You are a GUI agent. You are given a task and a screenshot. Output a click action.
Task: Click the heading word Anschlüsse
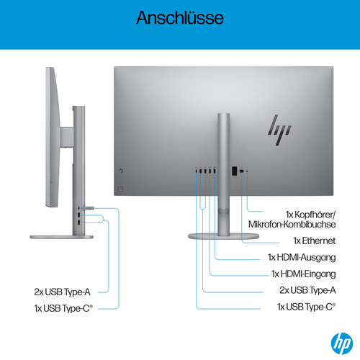tap(180, 17)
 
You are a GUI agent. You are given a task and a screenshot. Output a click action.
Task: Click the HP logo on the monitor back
tap(279, 130)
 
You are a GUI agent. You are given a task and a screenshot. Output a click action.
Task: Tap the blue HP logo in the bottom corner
tap(336, 341)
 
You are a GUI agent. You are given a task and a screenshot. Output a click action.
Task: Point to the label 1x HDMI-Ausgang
tap(302, 257)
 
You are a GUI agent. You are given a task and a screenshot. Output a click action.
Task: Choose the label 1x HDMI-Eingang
tap(303, 274)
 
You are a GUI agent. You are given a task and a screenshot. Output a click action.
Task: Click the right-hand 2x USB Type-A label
tap(307, 290)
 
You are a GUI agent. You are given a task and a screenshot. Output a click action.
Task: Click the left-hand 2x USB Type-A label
tap(63, 292)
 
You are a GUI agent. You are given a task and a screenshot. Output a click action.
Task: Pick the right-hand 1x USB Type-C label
tap(306, 307)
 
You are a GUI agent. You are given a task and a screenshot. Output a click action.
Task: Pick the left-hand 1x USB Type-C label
tap(63, 307)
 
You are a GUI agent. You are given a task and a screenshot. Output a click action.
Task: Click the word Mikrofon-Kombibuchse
tap(292, 225)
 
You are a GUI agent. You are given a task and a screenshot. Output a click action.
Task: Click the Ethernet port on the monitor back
tap(235, 171)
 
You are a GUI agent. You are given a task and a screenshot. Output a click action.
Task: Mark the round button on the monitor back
tap(120, 171)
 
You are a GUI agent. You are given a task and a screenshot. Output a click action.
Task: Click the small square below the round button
tap(120, 189)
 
